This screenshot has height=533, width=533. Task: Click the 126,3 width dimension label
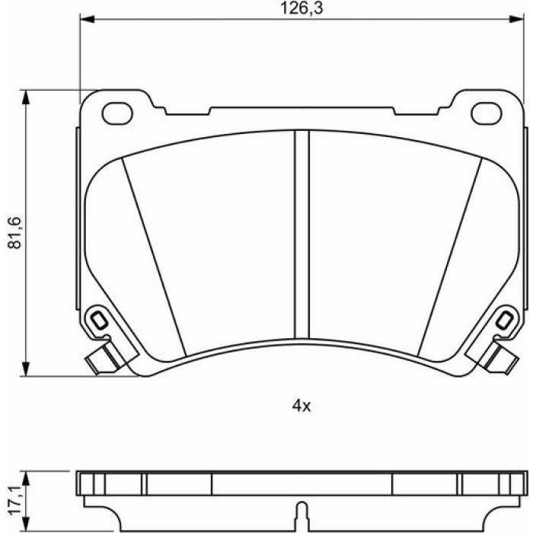click(302, 8)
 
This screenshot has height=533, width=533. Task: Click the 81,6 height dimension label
click(15, 232)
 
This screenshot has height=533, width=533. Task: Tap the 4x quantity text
click(302, 406)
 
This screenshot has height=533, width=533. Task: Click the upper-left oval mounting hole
click(117, 113)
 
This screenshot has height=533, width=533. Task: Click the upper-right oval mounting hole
click(487, 113)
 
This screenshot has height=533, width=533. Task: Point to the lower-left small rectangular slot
click(99, 321)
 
